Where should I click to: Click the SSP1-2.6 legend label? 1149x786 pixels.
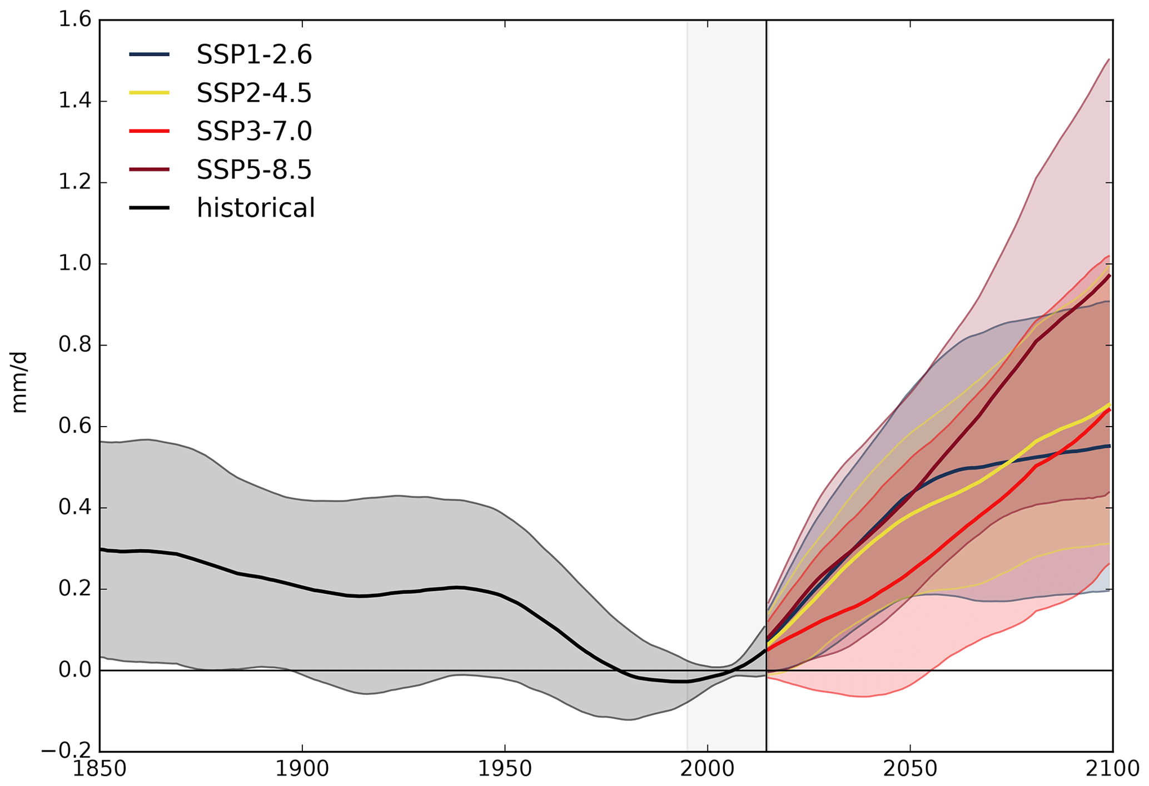click(254, 54)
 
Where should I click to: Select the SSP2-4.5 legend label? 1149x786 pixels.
click(254, 93)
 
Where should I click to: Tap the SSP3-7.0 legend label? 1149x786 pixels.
click(254, 131)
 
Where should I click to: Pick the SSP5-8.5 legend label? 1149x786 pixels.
click(254, 169)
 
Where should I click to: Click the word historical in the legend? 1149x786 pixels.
click(256, 208)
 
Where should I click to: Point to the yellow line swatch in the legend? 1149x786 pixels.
click(149, 93)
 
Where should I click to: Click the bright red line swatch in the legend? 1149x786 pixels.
click(149, 131)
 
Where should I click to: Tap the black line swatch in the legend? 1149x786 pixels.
click(149, 208)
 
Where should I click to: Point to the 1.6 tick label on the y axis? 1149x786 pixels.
click(74, 21)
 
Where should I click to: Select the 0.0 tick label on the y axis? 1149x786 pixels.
click(74, 670)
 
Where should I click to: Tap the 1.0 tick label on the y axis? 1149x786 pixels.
click(74, 264)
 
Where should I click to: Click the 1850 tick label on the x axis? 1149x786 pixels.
click(100, 769)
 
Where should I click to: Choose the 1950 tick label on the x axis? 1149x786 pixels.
click(505, 769)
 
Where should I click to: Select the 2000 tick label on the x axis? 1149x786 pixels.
click(707, 769)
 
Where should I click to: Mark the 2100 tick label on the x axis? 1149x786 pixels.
click(1112, 769)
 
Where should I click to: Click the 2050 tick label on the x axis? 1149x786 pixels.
click(910, 769)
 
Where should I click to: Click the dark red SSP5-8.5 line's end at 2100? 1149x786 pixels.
click(1110, 276)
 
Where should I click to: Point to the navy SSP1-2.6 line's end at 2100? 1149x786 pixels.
click(1110, 446)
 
